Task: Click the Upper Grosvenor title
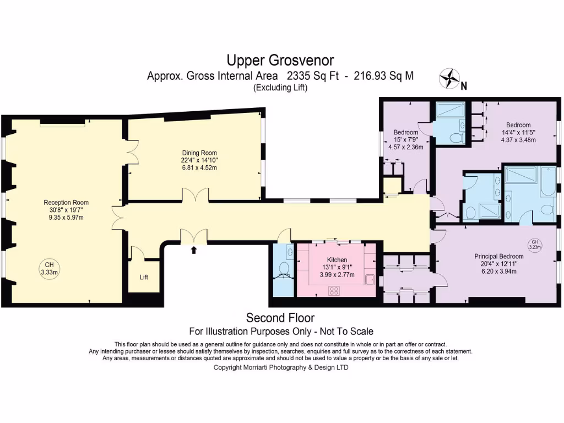pos(280,61)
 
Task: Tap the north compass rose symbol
pos(449,78)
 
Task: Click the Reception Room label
pos(66,203)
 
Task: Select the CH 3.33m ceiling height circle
pos(49,269)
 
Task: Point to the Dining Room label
pos(199,153)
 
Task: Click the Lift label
pos(144,277)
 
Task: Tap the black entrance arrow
pos(194,250)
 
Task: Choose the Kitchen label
pos(337,260)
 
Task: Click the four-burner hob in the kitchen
pos(334,290)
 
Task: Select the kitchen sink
pos(370,279)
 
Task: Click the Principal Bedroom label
pos(499,257)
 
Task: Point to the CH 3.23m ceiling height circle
pos(535,245)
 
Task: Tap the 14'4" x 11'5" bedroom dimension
pos(518,132)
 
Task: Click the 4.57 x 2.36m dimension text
pos(406,147)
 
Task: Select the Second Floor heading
pos(280,318)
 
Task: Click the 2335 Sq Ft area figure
pos(313,76)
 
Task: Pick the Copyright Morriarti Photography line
pos(281,367)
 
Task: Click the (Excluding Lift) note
pos(280,88)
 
